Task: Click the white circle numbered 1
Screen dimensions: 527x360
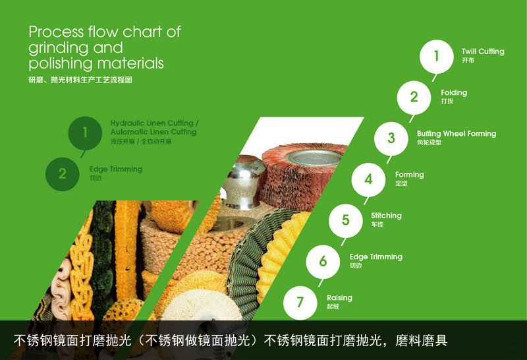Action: pos(437,57)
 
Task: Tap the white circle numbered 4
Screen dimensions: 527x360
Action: pos(368,179)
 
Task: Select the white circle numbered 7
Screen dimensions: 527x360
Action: pos(300,303)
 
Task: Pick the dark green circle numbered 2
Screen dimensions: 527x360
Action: pos(63,174)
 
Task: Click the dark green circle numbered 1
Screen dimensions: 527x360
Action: pos(85,133)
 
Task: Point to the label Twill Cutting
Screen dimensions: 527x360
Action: pos(483,51)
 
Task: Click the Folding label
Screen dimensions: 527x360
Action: pos(454,92)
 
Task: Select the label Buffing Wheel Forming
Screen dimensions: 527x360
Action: pos(457,134)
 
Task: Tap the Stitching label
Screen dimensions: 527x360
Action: pos(386,216)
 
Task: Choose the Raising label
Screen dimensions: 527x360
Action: pos(339,298)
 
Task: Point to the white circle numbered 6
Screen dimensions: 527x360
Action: pos(323,262)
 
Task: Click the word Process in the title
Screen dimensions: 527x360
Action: pos(56,32)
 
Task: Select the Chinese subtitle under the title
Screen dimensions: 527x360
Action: pos(80,80)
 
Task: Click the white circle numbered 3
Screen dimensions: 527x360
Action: pos(391,138)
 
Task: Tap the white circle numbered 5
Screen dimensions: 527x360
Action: pos(345,221)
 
